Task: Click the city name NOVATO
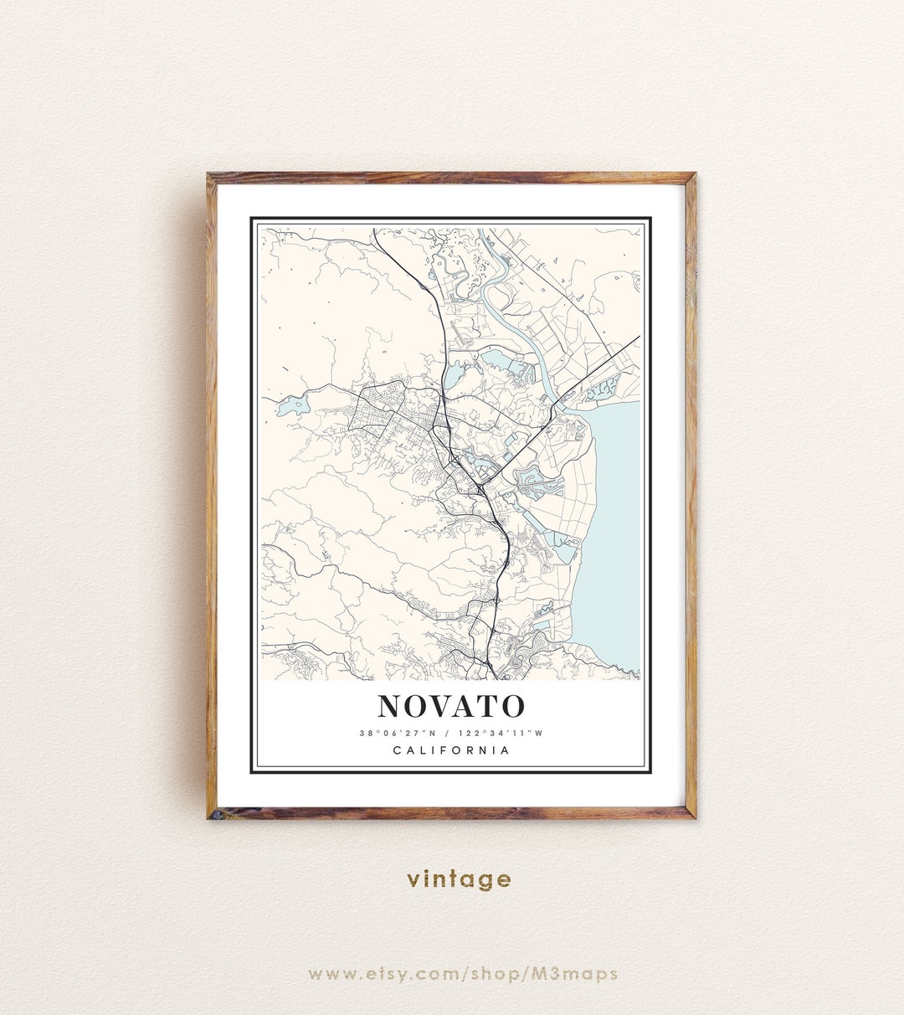451,706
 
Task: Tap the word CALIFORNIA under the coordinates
451,750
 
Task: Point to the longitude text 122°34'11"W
501,734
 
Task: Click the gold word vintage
459,879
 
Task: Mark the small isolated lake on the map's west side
293,407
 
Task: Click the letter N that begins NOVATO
391,706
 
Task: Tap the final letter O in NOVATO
512,706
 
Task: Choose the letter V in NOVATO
440,706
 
